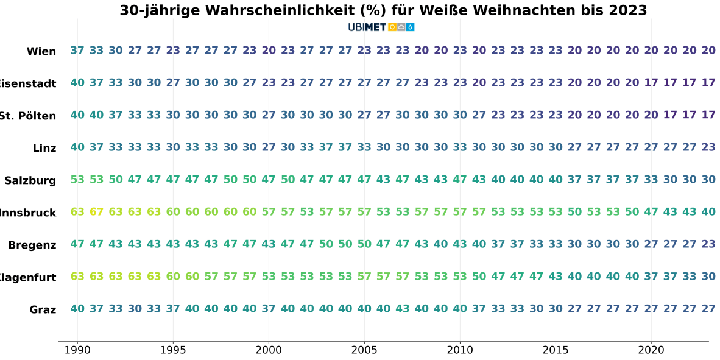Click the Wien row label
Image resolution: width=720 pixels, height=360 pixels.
click(x=41, y=52)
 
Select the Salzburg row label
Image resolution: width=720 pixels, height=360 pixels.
click(x=30, y=181)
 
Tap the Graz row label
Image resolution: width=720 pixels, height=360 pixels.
click(x=43, y=310)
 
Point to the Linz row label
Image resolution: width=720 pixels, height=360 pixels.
click(x=44, y=149)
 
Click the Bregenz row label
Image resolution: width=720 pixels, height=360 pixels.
click(x=32, y=245)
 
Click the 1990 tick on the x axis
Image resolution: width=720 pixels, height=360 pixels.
click(x=77, y=350)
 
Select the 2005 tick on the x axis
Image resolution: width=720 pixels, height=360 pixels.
click(x=364, y=350)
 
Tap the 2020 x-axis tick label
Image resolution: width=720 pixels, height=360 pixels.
click(x=651, y=350)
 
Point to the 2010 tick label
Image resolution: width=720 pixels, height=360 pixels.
click(x=460, y=350)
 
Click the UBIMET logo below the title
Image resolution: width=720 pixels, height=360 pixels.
click(x=381, y=27)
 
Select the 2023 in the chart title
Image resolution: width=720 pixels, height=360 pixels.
click(x=627, y=10)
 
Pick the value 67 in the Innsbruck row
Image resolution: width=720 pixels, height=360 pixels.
click(x=97, y=212)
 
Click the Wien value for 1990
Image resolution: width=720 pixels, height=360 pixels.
click(x=77, y=51)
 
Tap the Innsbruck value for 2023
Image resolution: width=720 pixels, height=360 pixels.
click(x=708, y=212)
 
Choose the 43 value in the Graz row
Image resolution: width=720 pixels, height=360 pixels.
click(x=403, y=309)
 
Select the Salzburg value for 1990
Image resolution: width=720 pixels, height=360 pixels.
click(x=77, y=180)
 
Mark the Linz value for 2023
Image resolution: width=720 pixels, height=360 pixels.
click(x=708, y=147)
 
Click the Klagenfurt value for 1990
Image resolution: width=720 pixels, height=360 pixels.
click(x=77, y=277)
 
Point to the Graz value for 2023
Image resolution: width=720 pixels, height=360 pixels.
click(x=708, y=309)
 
